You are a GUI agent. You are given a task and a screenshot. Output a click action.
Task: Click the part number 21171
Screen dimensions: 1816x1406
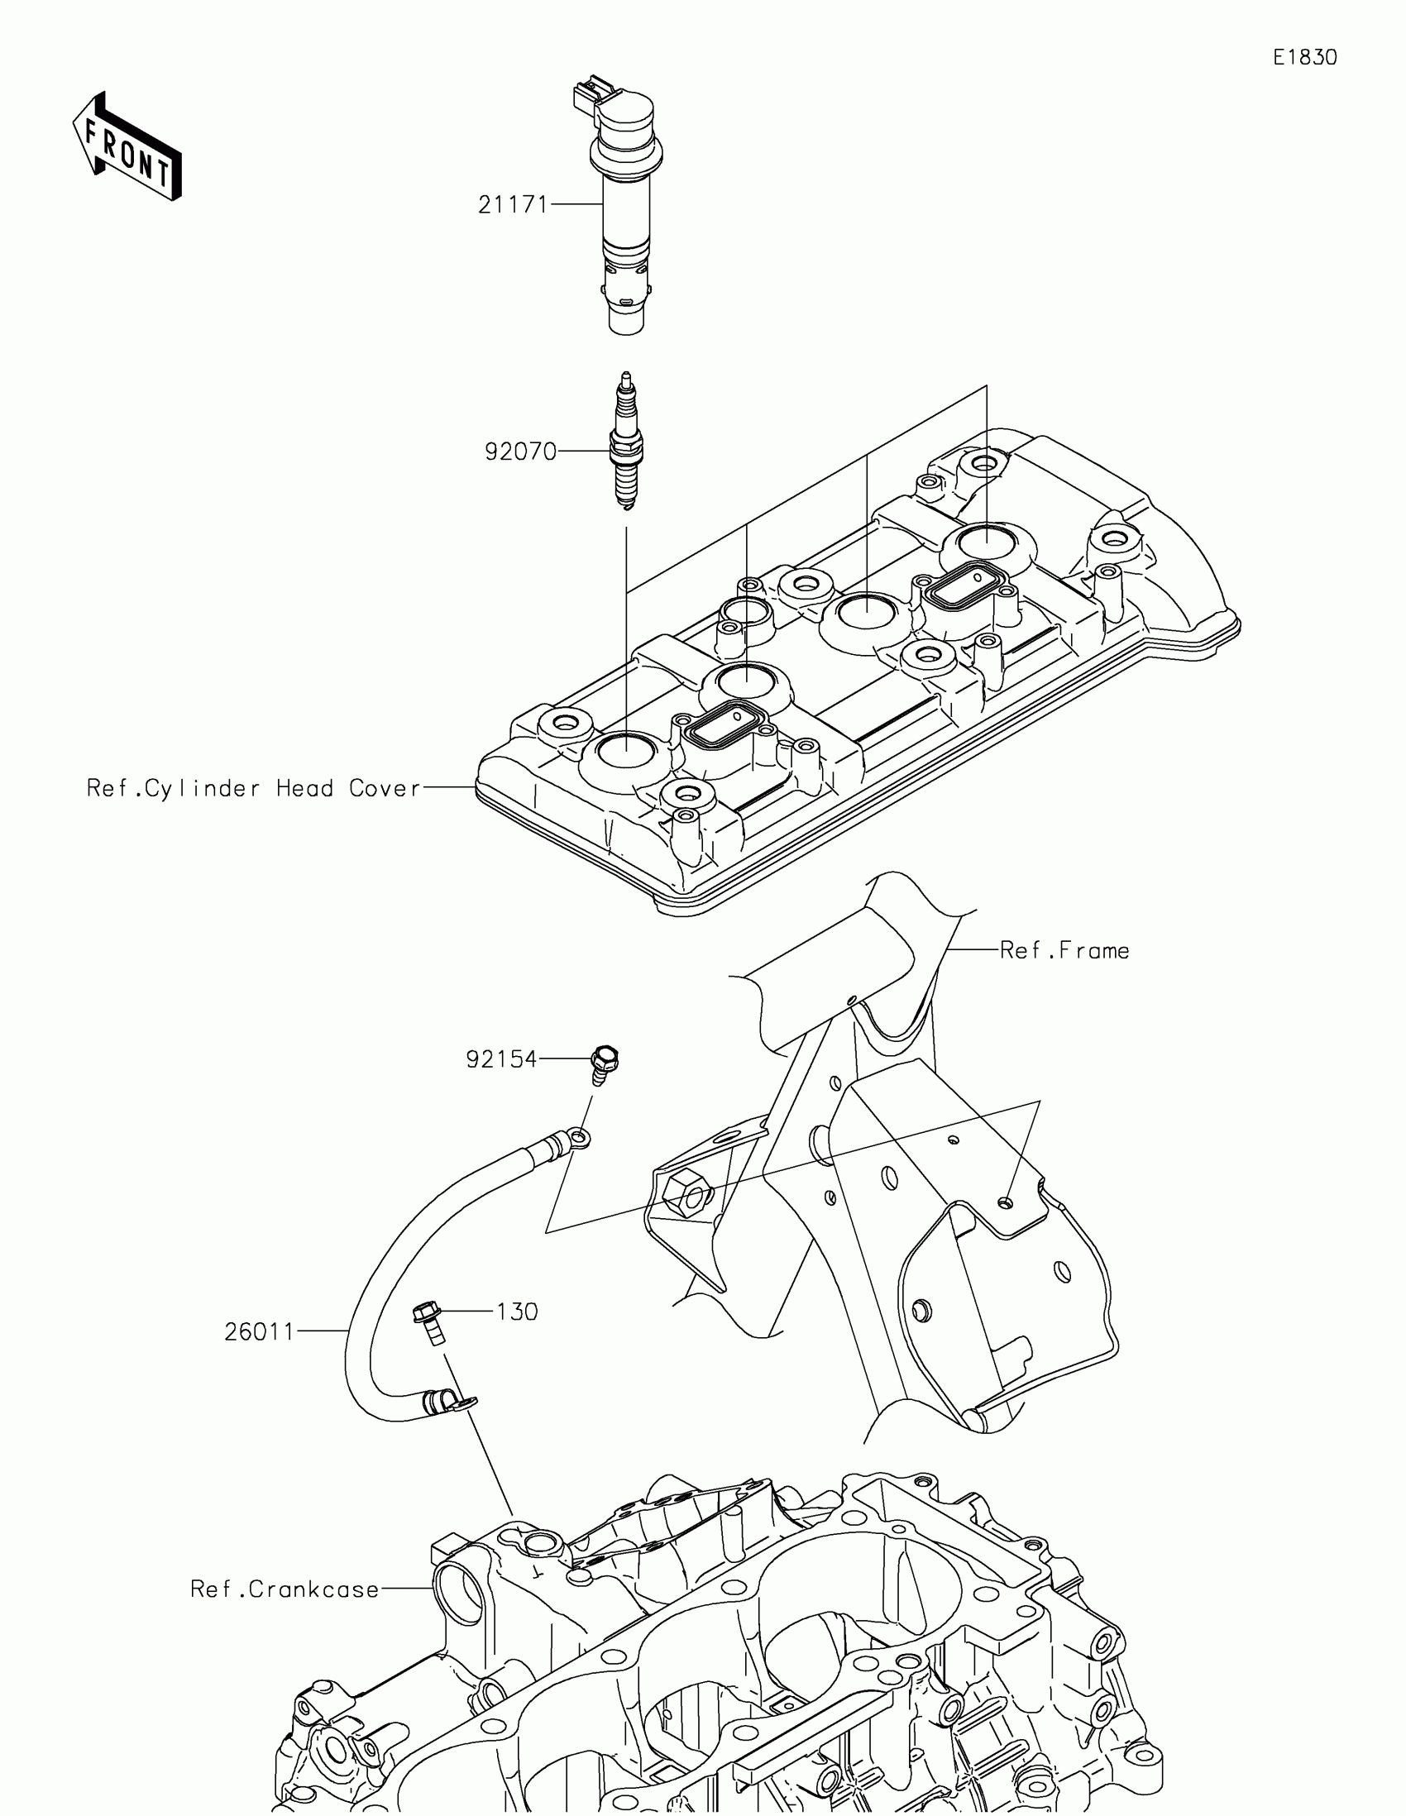click(x=512, y=204)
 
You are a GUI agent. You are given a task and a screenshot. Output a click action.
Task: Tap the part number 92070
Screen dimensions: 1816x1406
click(x=520, y=452)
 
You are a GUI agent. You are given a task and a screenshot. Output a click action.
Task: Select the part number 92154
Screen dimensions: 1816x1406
click(x=501, y=1059)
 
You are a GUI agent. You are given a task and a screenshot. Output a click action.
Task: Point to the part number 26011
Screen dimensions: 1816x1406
click(x=260, y=1331)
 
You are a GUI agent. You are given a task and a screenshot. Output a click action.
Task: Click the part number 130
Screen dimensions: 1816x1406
click(x=517, y=1312)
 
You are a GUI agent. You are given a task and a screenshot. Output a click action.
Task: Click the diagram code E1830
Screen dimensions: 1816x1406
click(x=1304, y=57)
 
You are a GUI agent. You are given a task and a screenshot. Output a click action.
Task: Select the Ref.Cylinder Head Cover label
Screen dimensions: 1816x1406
click(x=254, y=788)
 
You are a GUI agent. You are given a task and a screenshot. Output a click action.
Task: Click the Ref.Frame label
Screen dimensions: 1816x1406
click(x=1064, y=950)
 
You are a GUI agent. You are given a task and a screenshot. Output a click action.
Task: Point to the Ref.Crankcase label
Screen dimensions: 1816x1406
click(x=285, y=1589)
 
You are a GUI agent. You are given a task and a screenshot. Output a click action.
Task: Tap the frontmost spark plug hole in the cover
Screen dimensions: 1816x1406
click(x=624, y=752)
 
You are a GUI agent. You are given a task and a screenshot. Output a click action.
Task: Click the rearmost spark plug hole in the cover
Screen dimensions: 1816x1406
click(x=986, y=542)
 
